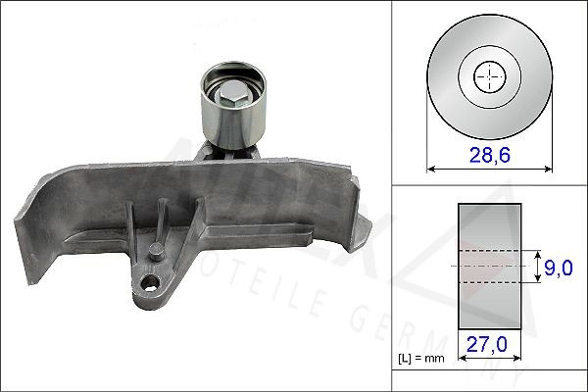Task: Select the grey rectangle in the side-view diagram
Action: [x=487, y=225]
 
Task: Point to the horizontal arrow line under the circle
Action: [x=486, y=169]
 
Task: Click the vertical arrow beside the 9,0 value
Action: [x=537, y=266]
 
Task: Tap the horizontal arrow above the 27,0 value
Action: [x=487, y=331]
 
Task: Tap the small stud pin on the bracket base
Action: [x=153, y=251]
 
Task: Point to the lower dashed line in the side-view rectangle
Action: [x=487, y=283]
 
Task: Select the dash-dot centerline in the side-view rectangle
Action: [x=487, y=266]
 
